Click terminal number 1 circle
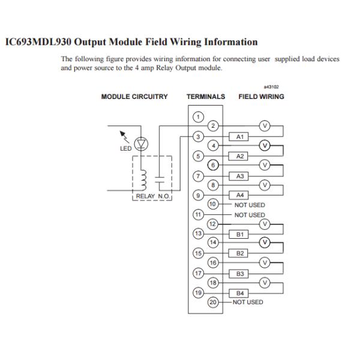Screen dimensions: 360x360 [197, 116]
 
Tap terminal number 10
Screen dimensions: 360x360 [211, 205]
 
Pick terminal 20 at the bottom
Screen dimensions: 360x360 [211, 302]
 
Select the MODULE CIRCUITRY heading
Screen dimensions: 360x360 [134, 97]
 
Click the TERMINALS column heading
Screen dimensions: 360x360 [206, 97]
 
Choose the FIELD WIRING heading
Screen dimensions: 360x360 [262, 97]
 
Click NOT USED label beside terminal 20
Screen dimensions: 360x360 [248, 302]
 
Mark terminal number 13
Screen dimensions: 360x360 [197, 234]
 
